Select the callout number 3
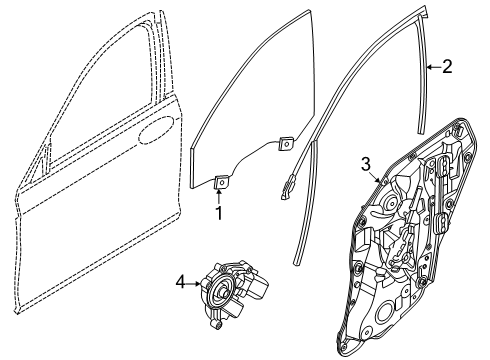(x=366, y=163)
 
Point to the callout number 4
(x=182, y=283)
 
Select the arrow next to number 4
(x=196, y=283)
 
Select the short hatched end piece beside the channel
(x=292, y=183)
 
